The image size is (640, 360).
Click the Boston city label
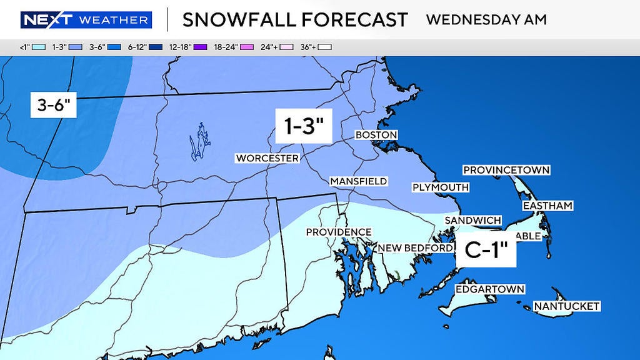(376, 135)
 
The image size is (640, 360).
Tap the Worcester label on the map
(267, 158)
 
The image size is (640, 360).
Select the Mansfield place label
(359, 181)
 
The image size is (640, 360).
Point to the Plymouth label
(441, 187)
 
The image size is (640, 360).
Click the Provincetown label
(506, 170)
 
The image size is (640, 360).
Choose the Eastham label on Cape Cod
(547, 206)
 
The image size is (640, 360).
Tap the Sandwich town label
(472, 220)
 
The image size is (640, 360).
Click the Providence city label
(339, 232)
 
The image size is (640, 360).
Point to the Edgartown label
(489, 289)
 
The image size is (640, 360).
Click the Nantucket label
(566, 306)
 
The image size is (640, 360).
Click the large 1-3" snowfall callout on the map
(304, 127)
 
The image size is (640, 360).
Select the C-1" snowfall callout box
(490, 251)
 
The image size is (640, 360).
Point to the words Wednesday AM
(486, 19)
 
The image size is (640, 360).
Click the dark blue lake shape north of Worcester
(198, 141)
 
